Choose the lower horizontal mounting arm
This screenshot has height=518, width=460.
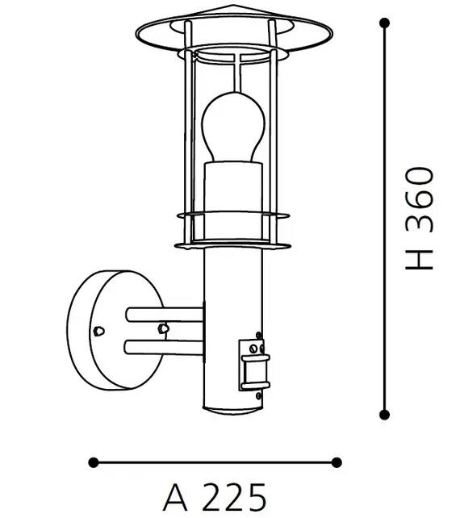165,346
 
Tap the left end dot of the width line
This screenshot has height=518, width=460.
94,462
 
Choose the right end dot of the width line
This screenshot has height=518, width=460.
337,462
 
